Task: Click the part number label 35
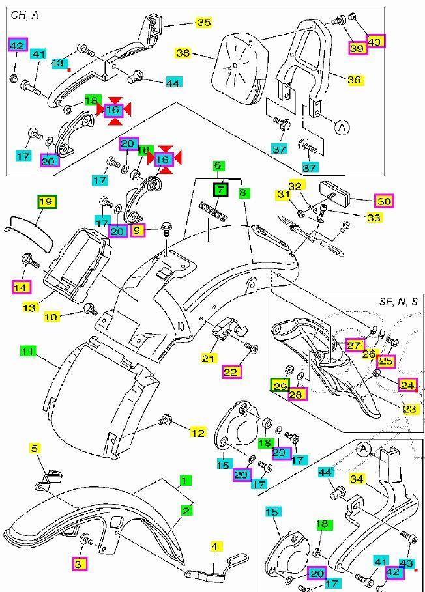pyautogui.click(x=203, y=23)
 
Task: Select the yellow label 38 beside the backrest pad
pyautogui.click(x=184, y=53)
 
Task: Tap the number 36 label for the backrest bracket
pyautogui.click(x=354, y=79)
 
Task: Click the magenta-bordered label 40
pyautogui.click(x=375, y=41)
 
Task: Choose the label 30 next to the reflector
pyautogui.click(x=384, y=201)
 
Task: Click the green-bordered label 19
pyautogui.click(x=46, y=202)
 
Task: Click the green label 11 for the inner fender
pyautogui.click(x=27, y=351)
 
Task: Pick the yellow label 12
pyautogui.click(x=198, y=432)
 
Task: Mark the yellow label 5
pyautogui.click(x=35, y=448)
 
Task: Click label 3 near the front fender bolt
pyautogui.click(x=78, y=564)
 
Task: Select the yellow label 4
pyautogui.click(x=216, y=546)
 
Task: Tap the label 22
pyautogui.click(x=231, y=372)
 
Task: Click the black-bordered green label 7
pyautogui.click(x=221, y=190)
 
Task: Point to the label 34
pyautogui.click(x=357, y=479)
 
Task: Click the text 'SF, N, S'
pyautogui.click(x=399, y=302)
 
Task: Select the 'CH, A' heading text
pyautogui.click(x=25, y=14)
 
